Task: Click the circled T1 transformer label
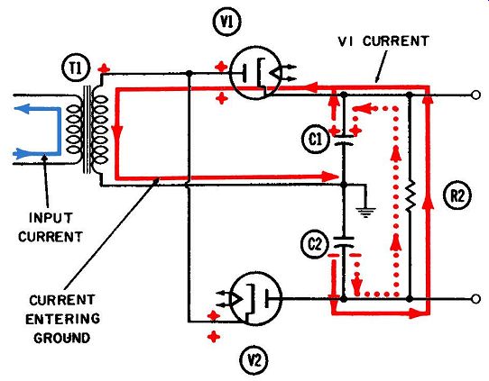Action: [76, 68]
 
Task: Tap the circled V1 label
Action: [226, 22]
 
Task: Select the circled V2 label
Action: [254, 361]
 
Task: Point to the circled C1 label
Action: [315, 139]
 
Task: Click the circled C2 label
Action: [315, 244]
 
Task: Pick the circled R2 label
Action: [457, 195]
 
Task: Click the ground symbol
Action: [365, 212]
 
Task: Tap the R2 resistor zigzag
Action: [411, 196]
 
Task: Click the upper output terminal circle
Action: [475, 95]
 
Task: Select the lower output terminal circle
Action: [475, 299]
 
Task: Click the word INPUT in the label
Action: [51, 218]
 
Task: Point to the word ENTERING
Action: [62, 319]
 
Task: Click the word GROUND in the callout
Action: [62, 338]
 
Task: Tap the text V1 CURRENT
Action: [383, 41]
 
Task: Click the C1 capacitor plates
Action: [344, 141]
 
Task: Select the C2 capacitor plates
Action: [344, 242]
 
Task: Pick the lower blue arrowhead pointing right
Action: [21, 153]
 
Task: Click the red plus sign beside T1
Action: [104, 68]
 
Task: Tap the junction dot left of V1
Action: [189, 74]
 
